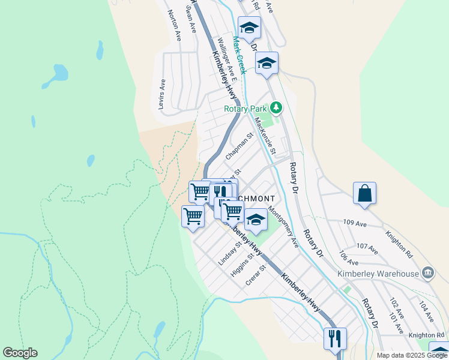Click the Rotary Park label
(x=245, y=109)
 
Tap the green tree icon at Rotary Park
(x=276, y=108)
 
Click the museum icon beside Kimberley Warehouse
(x=427, y=273)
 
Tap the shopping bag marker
(x=364, y=194)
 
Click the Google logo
(x=20, y=353)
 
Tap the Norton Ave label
(x=175, y=25)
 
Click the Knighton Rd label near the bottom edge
(x=428, y=335)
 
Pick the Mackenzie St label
(x=265, y=136)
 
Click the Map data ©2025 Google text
(x=412, y=355)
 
